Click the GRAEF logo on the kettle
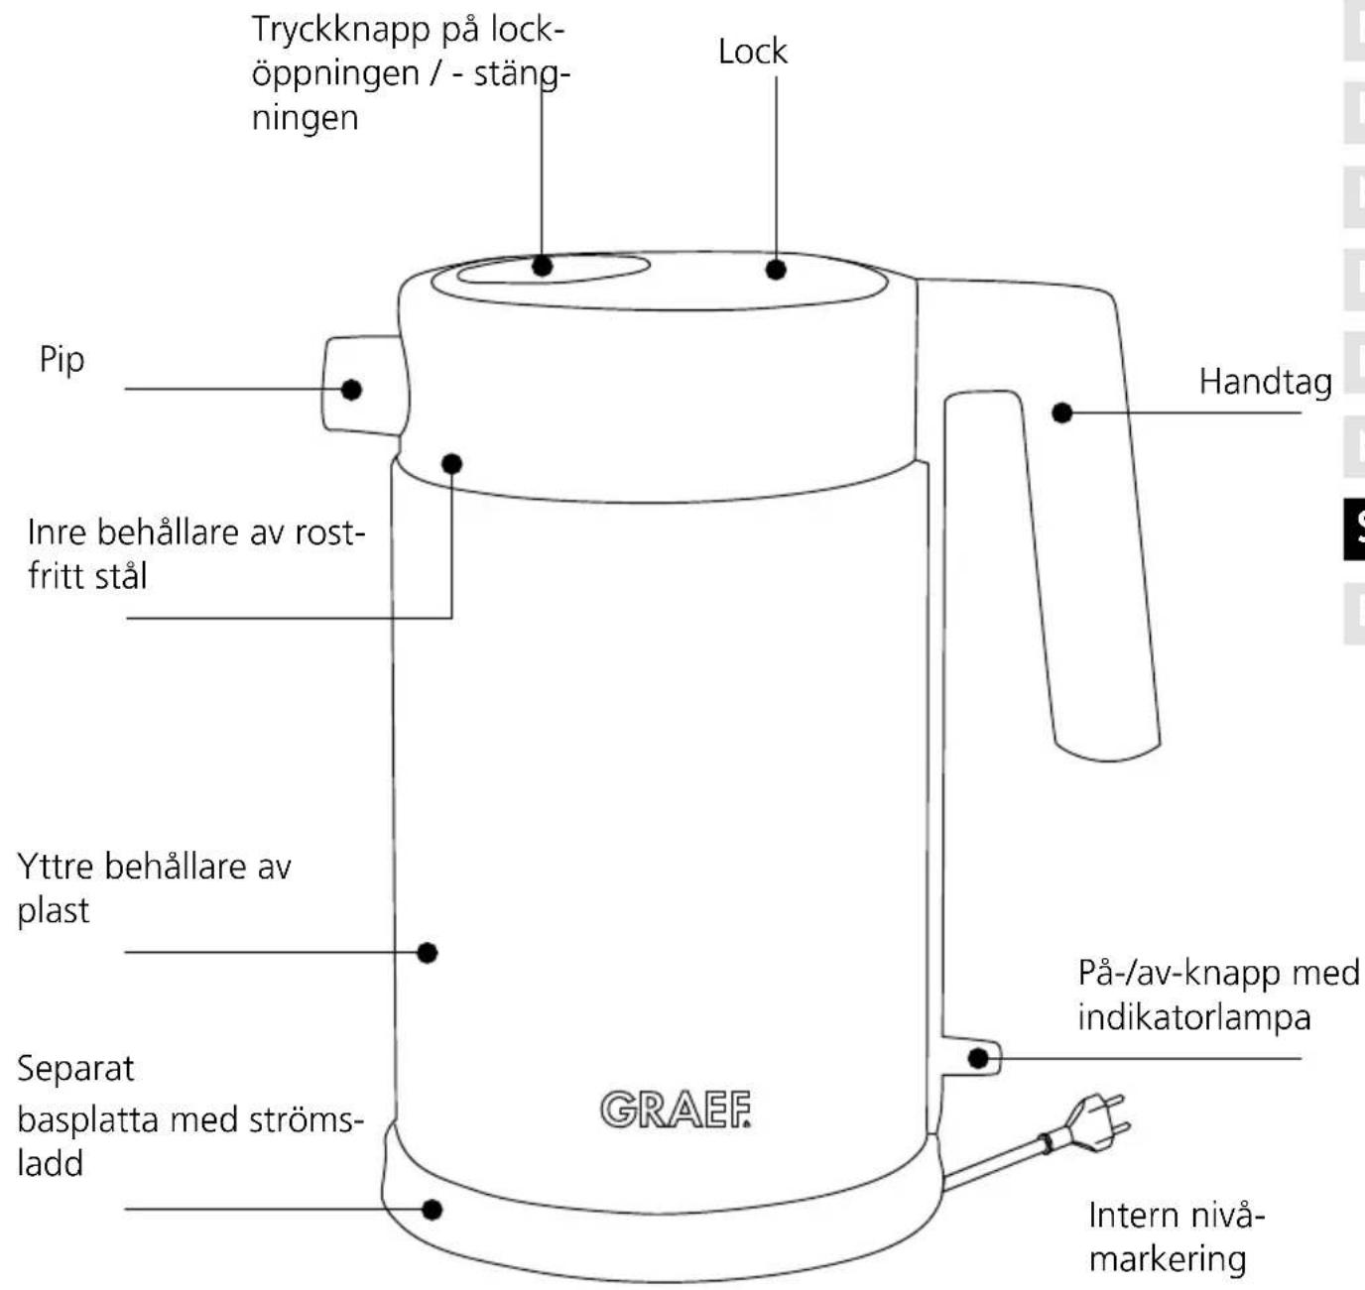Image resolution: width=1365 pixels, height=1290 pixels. click(676, 1109)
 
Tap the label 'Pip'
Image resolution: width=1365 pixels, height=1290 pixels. click(62, 360)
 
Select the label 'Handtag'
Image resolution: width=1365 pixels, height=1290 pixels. click(1265, 383)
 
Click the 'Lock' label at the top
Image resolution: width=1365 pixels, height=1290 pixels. click(753, 52)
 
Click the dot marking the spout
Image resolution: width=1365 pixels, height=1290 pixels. click(351, 390)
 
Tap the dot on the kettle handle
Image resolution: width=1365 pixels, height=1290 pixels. click(1061, 412)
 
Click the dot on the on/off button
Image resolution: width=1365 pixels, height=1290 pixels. click(977, 1058)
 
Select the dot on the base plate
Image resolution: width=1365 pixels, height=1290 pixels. click(432, 1210)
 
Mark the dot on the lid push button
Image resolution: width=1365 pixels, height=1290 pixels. click(542, 266)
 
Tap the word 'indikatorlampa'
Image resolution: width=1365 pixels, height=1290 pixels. click(1194, 1018)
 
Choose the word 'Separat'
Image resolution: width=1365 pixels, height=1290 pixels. click(75, 1069)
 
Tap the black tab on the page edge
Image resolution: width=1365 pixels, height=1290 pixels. click(1355, 528)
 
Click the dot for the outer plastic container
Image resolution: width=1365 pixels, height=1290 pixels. click(427, 953)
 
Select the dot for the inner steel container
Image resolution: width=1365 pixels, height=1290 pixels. click(451, 463)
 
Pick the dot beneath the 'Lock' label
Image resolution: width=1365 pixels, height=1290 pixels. click(776, 270)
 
